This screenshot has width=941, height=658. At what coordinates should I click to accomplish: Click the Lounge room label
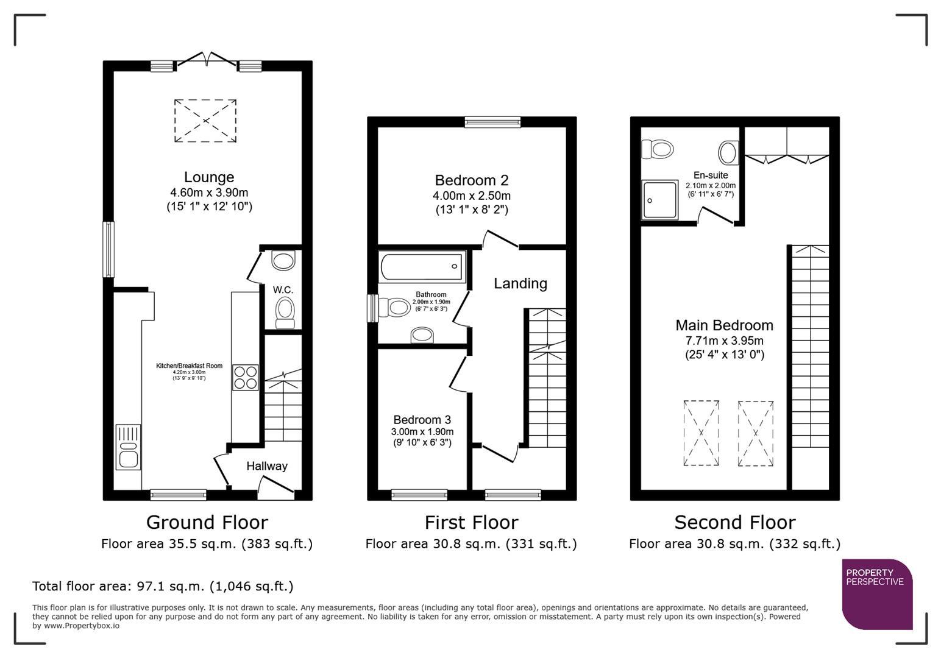point(209,177)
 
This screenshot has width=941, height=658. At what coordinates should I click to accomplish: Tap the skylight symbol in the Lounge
point(205,121)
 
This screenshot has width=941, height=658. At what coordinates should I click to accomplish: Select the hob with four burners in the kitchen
point(245,377)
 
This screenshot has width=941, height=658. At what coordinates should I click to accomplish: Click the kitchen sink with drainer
point(129,447)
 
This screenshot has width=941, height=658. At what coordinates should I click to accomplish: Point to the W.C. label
point(283,290)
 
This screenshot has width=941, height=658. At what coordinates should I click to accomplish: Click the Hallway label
point(266,466)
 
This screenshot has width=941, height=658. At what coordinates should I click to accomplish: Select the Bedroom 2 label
point(471,180)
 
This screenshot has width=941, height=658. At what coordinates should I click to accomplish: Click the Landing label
point(520,283)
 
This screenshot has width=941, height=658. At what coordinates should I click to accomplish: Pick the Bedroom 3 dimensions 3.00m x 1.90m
point(422,431)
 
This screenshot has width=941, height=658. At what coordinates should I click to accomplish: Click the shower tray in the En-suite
point(659,200)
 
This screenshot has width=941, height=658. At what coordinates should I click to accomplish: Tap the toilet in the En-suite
point(657,149)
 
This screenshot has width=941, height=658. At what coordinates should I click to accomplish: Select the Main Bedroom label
point(724,325)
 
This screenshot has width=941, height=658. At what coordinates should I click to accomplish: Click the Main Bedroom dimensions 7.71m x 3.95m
point(724,341)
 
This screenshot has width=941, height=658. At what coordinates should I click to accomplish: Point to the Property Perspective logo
point(877,594)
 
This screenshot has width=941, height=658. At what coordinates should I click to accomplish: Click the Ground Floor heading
point(207,522)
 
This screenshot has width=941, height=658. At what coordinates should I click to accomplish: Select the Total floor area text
point(163,586)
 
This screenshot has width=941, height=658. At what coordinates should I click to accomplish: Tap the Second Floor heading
point(734,522)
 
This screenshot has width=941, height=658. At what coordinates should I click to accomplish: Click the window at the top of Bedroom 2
point(492,122)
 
